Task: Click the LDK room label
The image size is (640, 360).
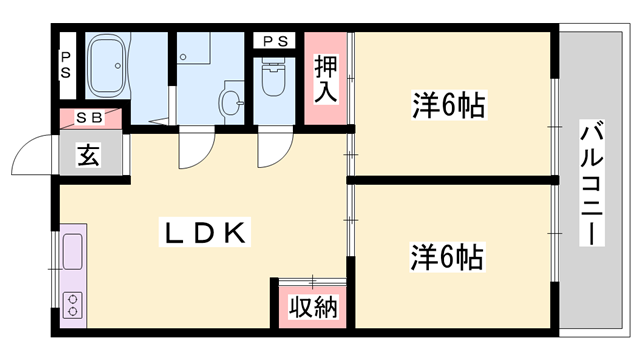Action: [x=205, y=233]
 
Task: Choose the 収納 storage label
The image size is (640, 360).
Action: [x=307, y=306]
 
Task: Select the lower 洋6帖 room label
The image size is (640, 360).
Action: [x=447, y=257]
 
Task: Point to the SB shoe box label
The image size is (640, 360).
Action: [x=90, y=118]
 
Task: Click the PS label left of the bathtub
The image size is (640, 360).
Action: [x=65, y=65]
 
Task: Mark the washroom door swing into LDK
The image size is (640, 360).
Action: [x=191, y=150]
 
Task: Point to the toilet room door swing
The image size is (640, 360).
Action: [x=270, y=150]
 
